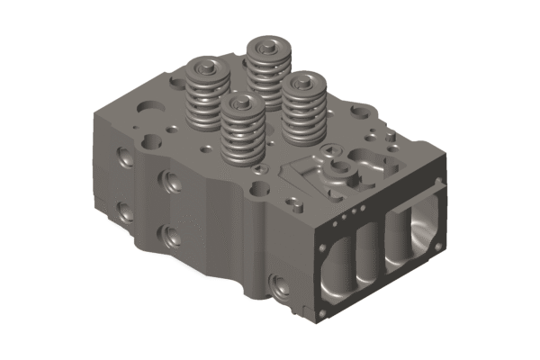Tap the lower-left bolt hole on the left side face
(122, 212)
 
